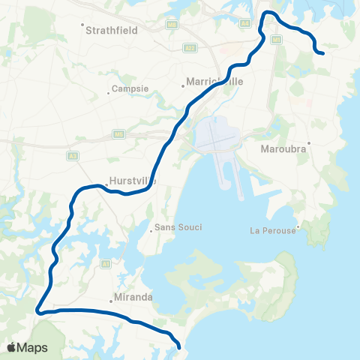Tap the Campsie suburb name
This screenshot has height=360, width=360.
click(x=130, y=88)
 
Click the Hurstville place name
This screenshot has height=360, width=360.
click(x=132, y=181)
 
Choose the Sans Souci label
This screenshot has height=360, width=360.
click(x=178, y=227)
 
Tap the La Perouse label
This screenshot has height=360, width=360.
click(x=273, y=230)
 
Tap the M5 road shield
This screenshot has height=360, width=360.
click(x=118, y=134)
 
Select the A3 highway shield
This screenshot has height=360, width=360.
click(x=73, y=156)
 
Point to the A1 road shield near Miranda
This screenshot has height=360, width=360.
click(x=106, y=263)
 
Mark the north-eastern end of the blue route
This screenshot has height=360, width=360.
click(x=322, y=53)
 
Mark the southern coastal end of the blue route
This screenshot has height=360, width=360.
click(x=180, y=346)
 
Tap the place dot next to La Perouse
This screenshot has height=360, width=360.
click(x=298, y=225)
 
